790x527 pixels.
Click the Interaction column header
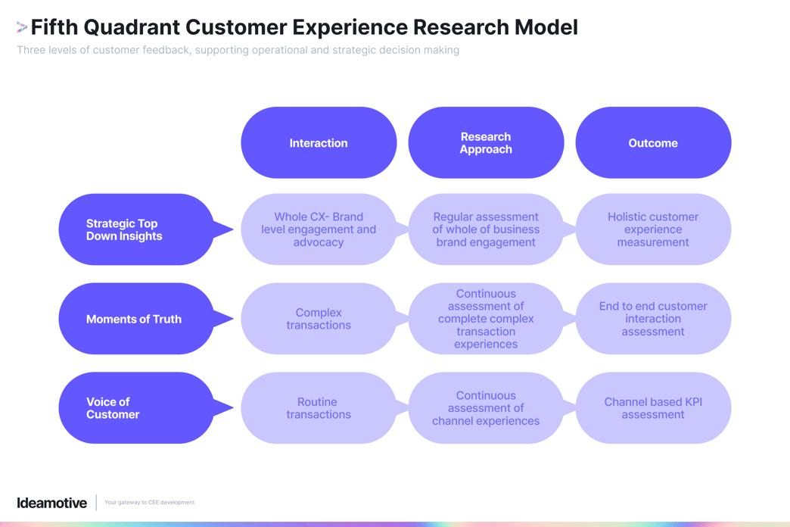click(319, 143)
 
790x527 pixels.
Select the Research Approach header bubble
click(486, 143)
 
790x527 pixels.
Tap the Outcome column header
click(653, 143)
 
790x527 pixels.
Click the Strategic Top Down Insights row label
click(136, 229)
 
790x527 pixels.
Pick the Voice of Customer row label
click(136, 408)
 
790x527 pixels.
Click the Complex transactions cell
click(319, 319)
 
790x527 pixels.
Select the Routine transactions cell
click(319, 408)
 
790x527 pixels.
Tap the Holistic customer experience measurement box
click(653, 229)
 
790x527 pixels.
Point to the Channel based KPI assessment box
click(653, 408)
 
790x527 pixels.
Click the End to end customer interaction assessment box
click(653, 319)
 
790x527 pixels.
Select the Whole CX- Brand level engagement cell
click(319, 229)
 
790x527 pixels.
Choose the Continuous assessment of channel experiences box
click(486, 408)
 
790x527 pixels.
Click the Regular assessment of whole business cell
click(486, 229)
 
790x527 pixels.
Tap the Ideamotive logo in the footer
click(52, 503)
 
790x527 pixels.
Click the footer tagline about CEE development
click(149, 503)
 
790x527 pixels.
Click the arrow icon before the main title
click(22, 28)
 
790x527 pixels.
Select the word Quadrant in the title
click(132, 27)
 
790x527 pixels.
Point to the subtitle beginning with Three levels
click(238, 50)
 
